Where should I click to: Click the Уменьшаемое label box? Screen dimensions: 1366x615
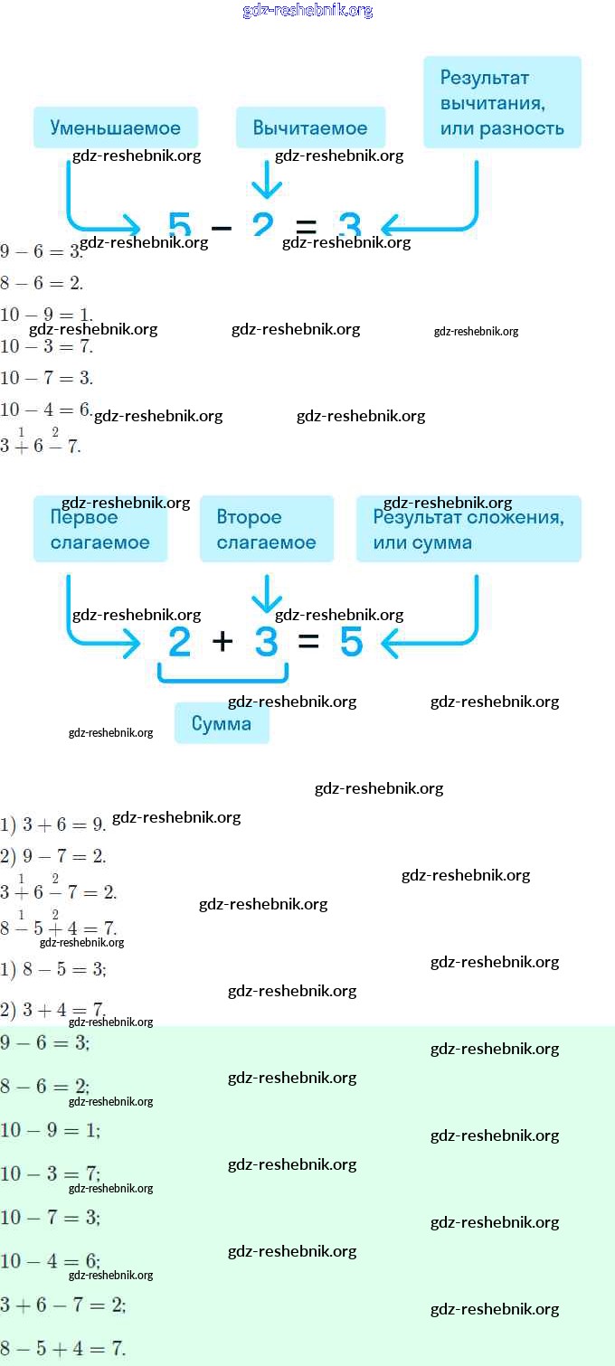pos(116,127)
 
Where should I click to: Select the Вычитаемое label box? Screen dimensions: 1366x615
pos(310,127)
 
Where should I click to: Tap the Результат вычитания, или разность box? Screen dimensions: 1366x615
pos(502,102)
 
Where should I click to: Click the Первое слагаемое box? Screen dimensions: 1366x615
pos(100,530)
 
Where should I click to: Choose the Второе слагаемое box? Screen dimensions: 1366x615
pos(267,530)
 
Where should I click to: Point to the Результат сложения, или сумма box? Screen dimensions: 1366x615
pos(468,530)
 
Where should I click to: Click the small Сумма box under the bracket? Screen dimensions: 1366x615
pos(222,723)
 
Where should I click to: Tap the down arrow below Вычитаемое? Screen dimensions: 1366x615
pos(266,180)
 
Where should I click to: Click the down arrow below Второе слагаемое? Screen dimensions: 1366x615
pos(267,594)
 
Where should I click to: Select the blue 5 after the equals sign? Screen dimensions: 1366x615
pos(351,643)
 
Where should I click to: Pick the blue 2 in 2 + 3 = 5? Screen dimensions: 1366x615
pos(180,643)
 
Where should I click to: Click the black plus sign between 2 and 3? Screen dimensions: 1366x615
pos(222,642)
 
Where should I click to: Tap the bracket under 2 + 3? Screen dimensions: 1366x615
pos(222,674)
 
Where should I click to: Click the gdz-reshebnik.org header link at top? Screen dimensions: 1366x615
pos(307,11)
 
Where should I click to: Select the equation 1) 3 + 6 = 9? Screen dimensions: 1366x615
pos(53,824)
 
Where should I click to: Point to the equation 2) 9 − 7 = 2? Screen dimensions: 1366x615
pos(53,856)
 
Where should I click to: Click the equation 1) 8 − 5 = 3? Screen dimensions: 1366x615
pos(53,969)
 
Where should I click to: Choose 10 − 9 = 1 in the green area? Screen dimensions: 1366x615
pos(50,1130)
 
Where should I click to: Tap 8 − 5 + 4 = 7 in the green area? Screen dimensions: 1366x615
pos(62,1349)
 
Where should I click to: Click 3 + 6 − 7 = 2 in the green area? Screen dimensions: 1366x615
pos(62,1305)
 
